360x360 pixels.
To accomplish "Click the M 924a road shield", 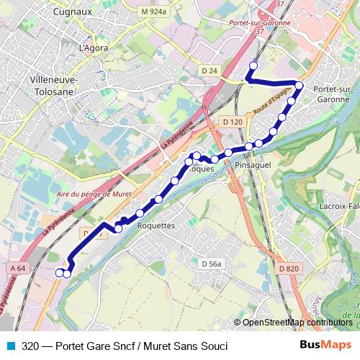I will click(x=154, y=12).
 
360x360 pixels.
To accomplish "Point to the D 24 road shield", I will click(x=210, y=70).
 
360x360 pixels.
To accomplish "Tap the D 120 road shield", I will click(x=232, y=122).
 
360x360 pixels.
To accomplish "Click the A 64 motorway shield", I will click(x=19, y=268).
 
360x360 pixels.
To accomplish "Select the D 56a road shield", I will click(x=211, y=264).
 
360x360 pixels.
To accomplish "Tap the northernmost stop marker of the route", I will click(x=253, y=66).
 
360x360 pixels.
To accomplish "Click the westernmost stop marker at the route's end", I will click(x=59, y=272).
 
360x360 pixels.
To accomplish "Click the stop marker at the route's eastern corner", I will click(x=299, y=86).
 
